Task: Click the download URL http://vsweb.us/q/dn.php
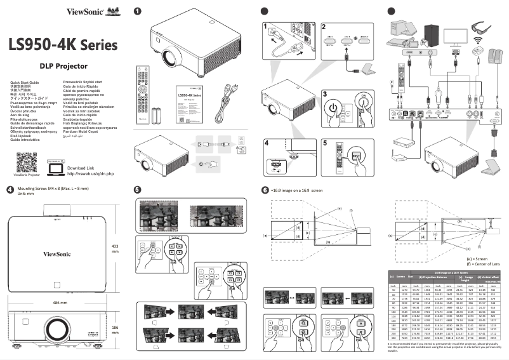[x=90, y=173]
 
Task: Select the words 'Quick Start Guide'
[x=25, y=83]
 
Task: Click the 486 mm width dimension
[x=60, y=303]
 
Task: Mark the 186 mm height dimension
[x=115, y=330]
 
